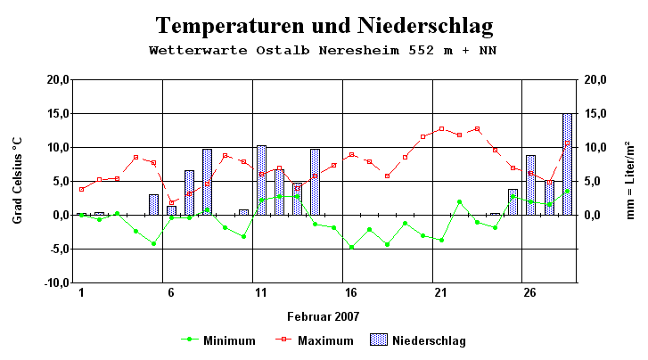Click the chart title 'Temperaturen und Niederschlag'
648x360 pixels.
point(324,25)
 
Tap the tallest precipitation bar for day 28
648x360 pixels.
point(567,165)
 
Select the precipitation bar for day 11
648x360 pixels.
point(261,181)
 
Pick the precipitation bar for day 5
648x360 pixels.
point(153,205)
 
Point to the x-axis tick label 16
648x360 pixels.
point(351,293)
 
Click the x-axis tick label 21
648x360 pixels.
point(440,293)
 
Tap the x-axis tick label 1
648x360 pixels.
point(82,293)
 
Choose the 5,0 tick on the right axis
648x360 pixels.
point(596,182)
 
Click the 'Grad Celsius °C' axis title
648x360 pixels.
point(18,181)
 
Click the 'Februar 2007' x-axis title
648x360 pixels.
point(324,316)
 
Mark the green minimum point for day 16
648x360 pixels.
point(351,247)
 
